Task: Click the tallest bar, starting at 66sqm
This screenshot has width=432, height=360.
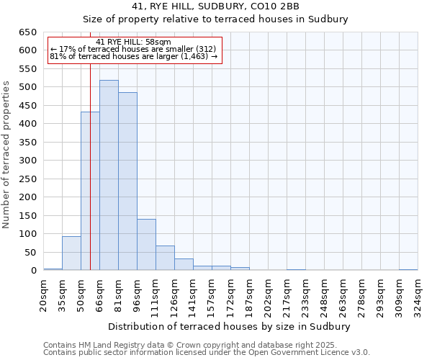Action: [x=109, y=175]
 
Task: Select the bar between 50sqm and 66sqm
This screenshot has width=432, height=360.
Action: [x=90, y=191]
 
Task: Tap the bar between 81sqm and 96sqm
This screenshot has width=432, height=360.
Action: [x=127, y=181]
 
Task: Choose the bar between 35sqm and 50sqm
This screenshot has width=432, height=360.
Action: [x=71, y=253]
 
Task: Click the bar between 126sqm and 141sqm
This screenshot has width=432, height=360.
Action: [x=184, y=264]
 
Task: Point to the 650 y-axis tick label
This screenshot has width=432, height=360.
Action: [x=27, y=32]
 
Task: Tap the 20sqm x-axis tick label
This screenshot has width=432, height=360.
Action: [x=44, y=293]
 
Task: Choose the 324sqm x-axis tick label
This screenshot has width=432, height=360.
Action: [x=418, y=293]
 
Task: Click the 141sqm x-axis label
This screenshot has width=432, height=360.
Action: [x=194, y=293]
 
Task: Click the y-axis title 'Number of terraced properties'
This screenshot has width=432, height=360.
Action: [x=6, y=154]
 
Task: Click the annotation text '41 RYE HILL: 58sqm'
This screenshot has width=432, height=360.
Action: [x=133, y=42]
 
